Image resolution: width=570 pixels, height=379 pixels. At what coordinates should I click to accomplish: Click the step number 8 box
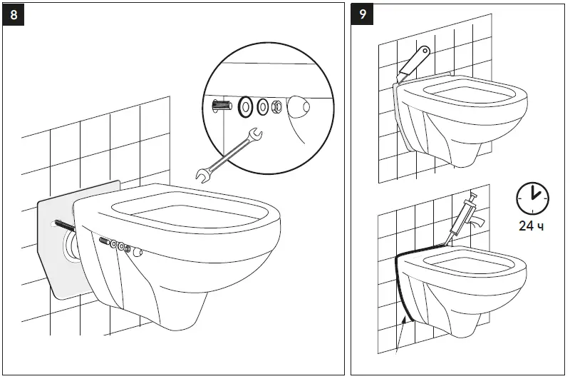pyautogui.click(x=14, y=14)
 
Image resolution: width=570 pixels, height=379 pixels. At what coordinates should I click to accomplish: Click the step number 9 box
pyautogui.click(x=363, y=14)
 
